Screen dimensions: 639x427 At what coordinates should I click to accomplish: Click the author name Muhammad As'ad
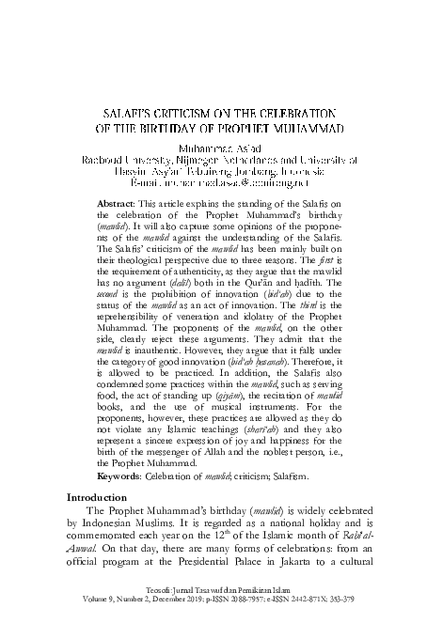pyautogui.click(x=213, y=148)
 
